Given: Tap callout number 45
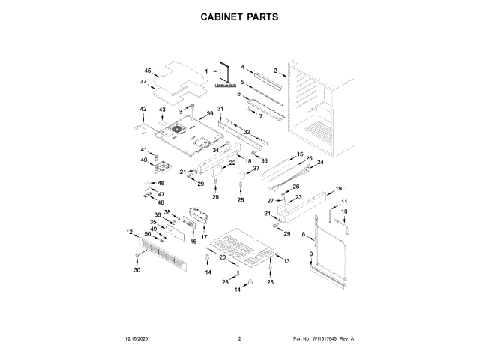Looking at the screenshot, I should click(148, 71).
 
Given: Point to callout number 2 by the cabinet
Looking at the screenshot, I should click(275, 70).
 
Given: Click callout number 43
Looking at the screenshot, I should click(162, 109).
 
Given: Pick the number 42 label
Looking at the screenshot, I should click(143, 109).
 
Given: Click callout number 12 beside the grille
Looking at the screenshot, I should click(129, 232).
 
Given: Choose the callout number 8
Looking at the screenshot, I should click(303, 235).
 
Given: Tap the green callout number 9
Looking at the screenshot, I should click(310, 255).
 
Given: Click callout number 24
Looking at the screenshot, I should click(320, 163).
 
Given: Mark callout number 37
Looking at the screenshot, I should click(256, 169).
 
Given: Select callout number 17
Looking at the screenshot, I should click(204, 236).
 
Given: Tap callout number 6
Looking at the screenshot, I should click(239, 94).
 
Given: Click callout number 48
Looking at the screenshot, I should click(160, 184).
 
